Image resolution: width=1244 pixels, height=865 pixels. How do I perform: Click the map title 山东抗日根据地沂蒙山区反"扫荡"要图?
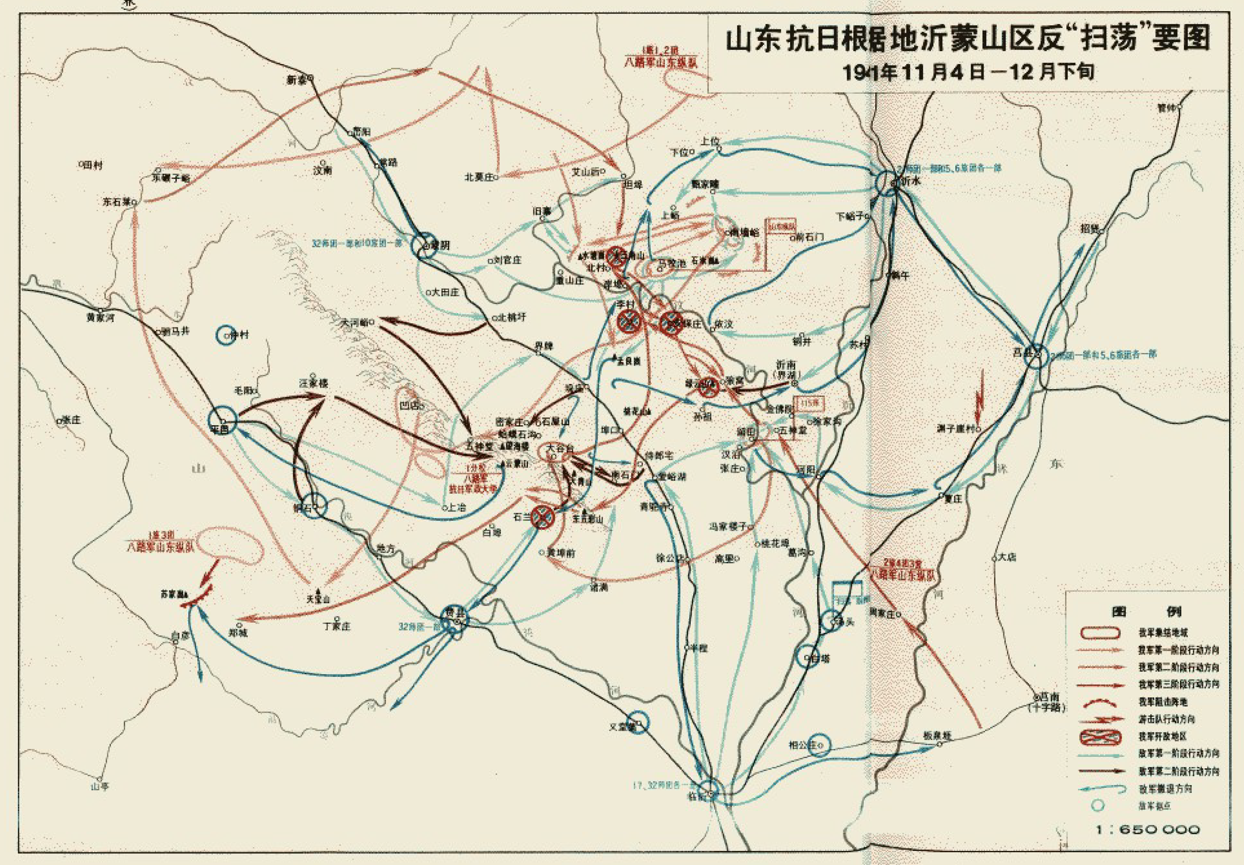pos(967,40)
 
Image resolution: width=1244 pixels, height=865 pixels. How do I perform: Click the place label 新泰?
pos(297,80)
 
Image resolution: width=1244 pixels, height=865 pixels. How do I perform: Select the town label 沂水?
pos(910,182)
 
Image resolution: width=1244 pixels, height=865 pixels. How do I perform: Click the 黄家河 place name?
pos(101,318)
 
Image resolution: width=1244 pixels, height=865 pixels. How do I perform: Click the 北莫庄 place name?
pos(479,177)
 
